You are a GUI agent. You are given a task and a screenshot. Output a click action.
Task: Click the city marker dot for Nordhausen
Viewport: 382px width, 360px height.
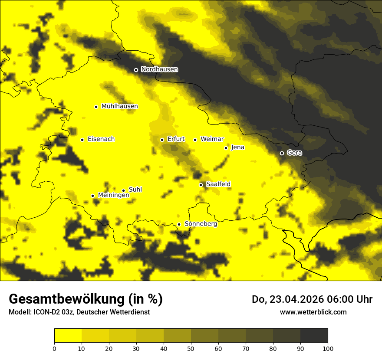[136, 70]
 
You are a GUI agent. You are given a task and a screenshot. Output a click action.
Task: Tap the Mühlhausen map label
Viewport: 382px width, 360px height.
[119, 106]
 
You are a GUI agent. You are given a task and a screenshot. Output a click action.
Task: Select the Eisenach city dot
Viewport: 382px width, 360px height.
[82, 140]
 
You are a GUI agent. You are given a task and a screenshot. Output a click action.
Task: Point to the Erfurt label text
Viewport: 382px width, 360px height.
[176, 139]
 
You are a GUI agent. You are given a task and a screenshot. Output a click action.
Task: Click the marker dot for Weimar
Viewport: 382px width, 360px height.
[195, 140]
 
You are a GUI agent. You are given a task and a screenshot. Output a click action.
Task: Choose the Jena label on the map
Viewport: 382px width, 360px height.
[237, 147]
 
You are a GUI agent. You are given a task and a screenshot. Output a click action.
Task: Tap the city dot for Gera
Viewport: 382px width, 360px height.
[282, 153]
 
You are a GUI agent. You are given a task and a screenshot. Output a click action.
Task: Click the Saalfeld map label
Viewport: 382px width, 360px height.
[218, 184]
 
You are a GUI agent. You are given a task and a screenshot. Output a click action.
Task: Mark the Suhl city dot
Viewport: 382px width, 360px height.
[123, 190]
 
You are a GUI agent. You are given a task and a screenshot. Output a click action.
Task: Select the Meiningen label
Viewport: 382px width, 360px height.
[113, 196]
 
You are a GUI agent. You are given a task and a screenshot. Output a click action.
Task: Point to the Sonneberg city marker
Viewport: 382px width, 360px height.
[179, 224]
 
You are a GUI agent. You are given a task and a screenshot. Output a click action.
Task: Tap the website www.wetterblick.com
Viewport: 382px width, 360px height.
[313, 312]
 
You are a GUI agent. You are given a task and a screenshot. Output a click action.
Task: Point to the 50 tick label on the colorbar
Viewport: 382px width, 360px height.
[191, 348]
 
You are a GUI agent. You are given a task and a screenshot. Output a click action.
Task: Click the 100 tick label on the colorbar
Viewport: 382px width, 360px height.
[328, 348]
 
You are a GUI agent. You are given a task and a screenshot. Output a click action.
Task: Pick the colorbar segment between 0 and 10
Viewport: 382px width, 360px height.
[68, 336]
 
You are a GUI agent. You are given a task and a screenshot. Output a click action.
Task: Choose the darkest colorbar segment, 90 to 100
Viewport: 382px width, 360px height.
[314, 336]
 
